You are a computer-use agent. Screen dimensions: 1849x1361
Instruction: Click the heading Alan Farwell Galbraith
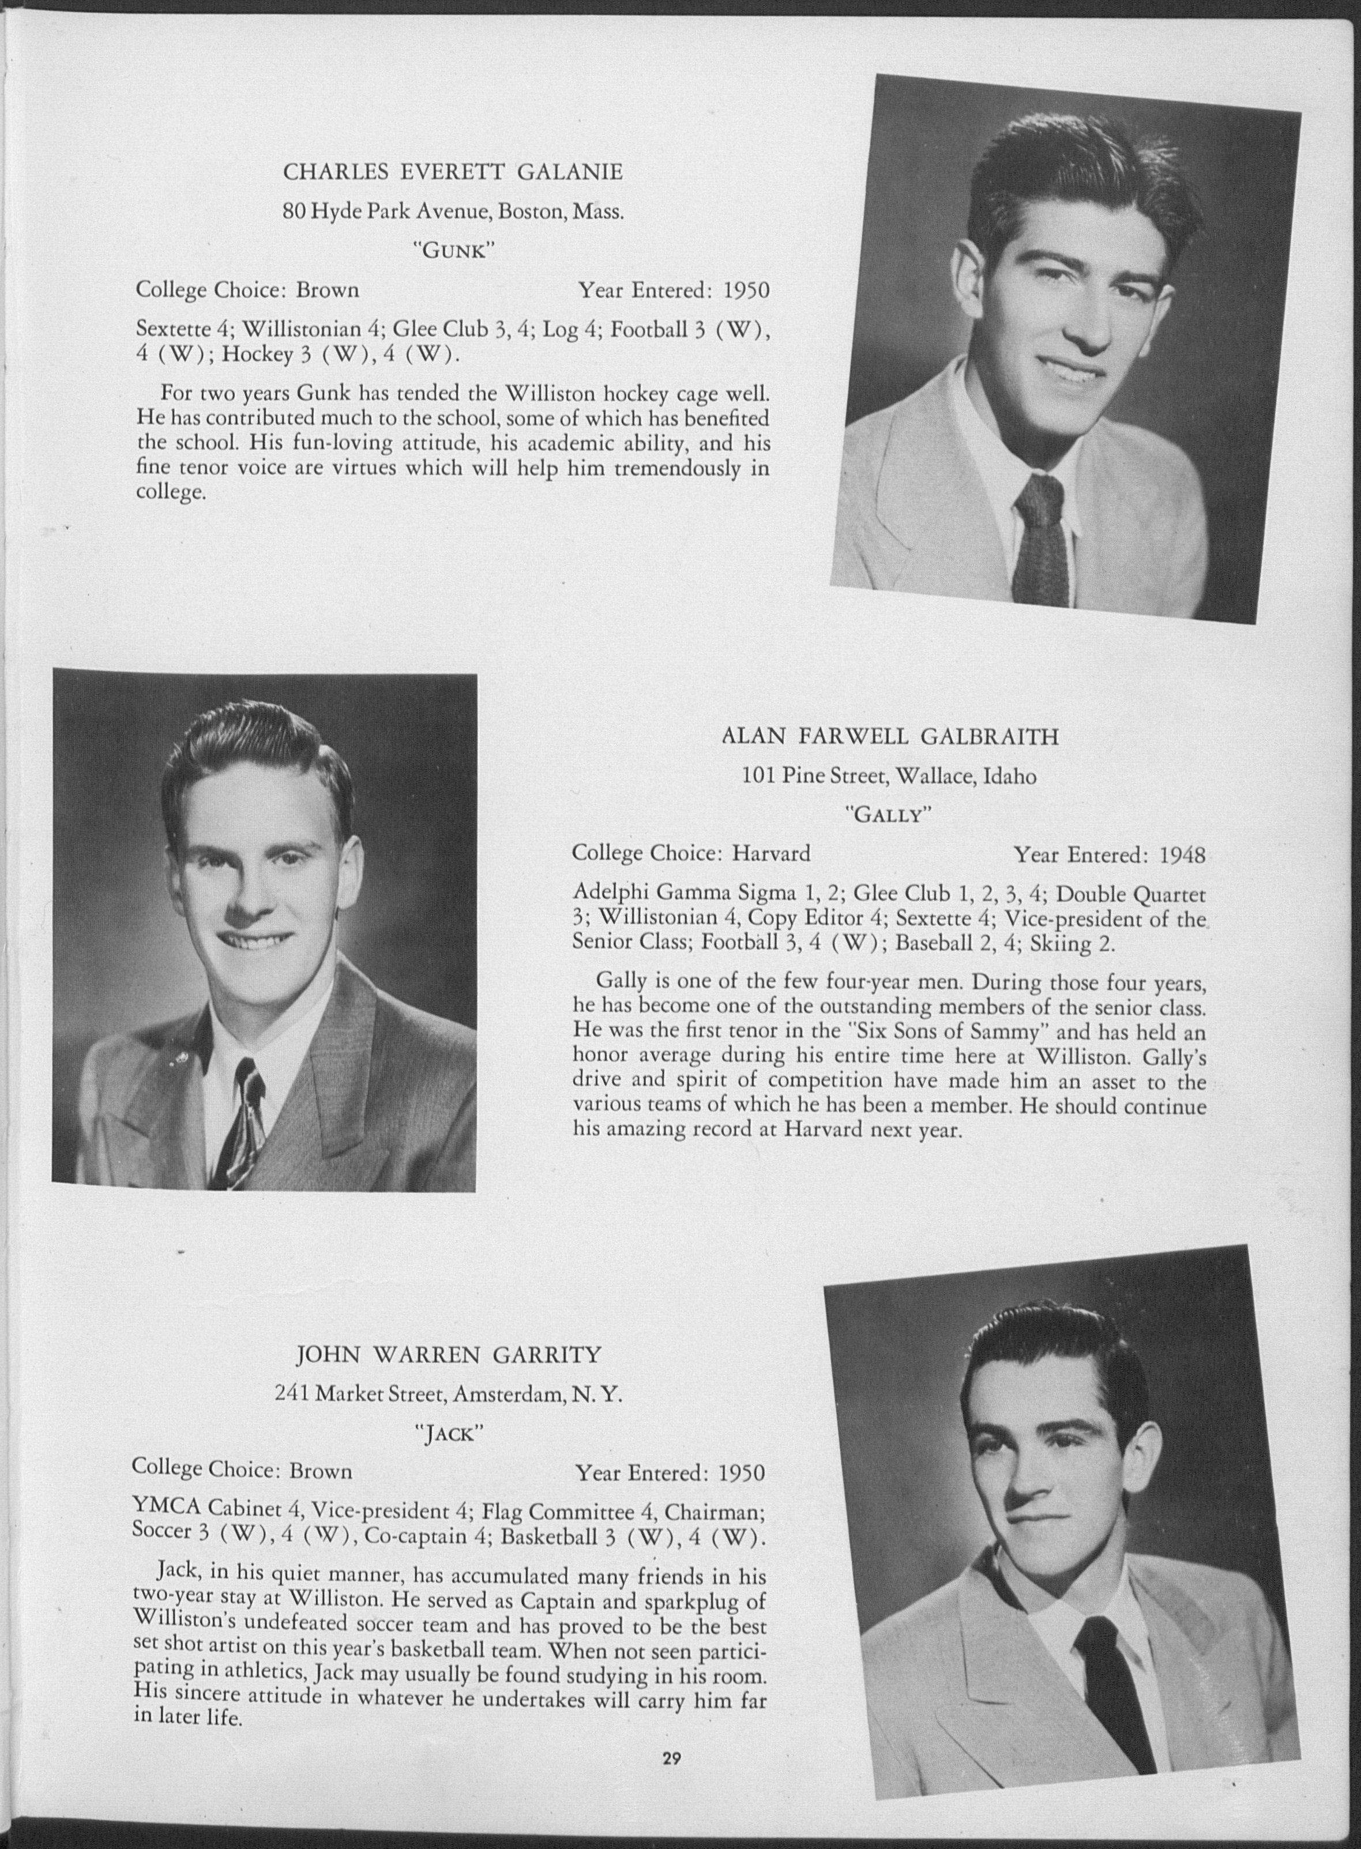tap(890, 736)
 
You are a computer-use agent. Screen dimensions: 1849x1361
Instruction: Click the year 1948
tap(1182, 855)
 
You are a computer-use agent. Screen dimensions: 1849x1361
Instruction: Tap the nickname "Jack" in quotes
tap(449, 1434)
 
